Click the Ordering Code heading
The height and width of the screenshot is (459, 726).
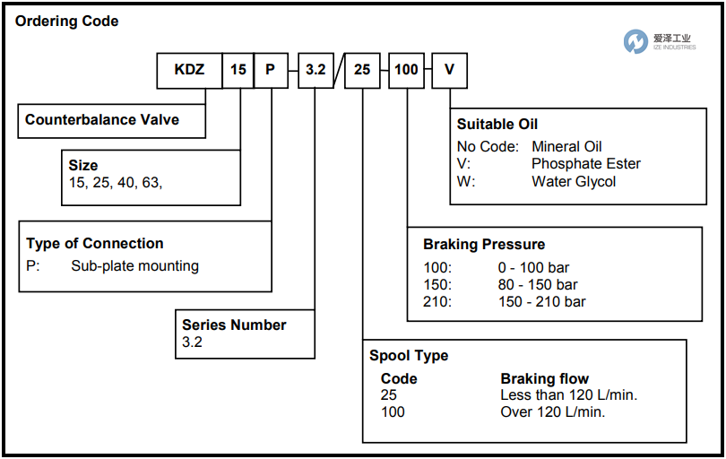tap(67, 21)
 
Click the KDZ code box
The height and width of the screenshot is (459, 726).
tap(189, 70)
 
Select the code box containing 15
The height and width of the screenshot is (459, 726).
tap(238, 70)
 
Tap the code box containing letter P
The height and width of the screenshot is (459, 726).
tap(270, 70)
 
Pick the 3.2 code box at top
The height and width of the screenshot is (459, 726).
tap(315, 70)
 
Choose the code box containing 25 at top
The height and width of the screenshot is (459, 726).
tap(362, 70)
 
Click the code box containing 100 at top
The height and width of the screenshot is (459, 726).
tap(406, 70)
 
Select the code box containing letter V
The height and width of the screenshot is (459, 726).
tap(449, 70)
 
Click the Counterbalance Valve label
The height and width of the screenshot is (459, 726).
tap(102, 120)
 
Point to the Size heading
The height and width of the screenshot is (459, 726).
tap(83, 165)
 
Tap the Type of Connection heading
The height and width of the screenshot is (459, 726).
tap(95, 243)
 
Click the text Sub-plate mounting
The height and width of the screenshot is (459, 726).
tap(134, 265)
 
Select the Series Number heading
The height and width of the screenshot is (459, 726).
tap(234, 325)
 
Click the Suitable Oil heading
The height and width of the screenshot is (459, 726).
tap(497, 125)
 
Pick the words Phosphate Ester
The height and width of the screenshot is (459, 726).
tap(586, 164)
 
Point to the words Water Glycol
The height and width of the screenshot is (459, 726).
tap(574, 181)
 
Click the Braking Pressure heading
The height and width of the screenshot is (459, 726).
tap(484, 244)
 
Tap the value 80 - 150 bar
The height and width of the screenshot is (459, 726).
tap(538, 285)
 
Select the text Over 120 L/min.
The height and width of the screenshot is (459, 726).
tap(552, 411)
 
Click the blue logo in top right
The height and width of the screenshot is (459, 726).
tap(635, 40)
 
